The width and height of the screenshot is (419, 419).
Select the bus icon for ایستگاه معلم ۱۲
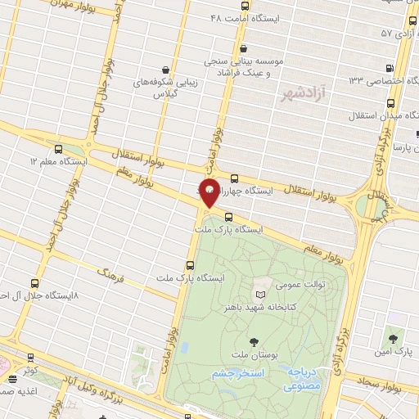58,149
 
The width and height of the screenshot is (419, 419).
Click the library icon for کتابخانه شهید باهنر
260,293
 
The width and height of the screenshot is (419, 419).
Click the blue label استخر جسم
238,374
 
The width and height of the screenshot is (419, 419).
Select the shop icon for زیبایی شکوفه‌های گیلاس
166,70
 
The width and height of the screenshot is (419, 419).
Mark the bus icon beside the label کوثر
32,358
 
